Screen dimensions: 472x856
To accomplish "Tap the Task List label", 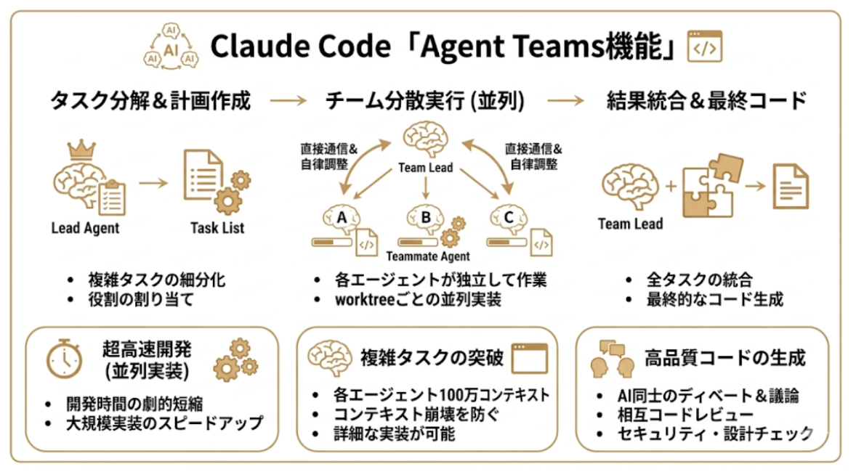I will point(217,228).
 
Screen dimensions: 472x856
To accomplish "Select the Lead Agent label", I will point(85,228).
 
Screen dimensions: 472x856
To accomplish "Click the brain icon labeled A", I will point(340,218).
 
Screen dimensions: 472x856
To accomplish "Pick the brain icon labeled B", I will point(424,217).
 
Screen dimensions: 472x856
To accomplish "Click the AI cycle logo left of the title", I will point(171,48).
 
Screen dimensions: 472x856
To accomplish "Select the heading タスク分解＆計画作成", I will point(150,101).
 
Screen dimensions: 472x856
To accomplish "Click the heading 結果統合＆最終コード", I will point(707,101).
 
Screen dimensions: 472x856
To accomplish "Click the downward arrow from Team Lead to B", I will point(426,188).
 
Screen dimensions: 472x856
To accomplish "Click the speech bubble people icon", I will point(608,357).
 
